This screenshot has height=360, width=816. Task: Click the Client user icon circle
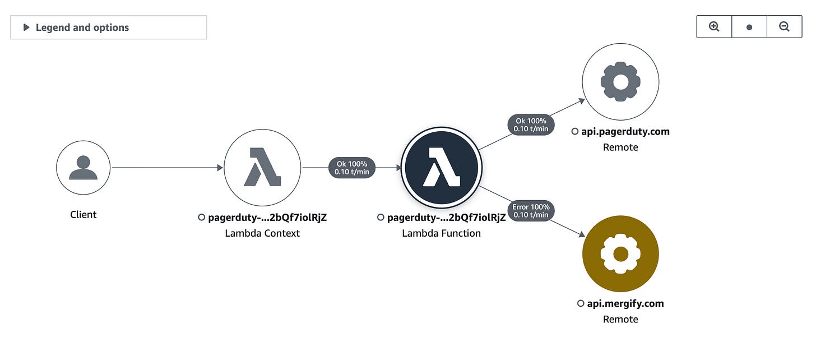click(x=83, y=167)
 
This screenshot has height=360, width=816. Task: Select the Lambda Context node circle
click(x=262, y=167)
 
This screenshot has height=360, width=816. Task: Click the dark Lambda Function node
click(x=442, y=167)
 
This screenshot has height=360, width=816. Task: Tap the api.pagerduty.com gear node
click(x=620, y=82)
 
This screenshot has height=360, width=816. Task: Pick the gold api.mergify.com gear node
click(x=620, y=254)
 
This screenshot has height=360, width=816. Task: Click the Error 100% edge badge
click(x=531, y=210)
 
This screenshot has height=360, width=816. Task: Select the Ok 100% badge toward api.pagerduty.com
click(x=531, y=124)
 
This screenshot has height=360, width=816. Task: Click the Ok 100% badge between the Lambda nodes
click(x=352, y=168)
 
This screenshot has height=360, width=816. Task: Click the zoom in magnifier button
click(x=714, y=27)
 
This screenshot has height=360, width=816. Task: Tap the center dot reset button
click(x=749, y=27)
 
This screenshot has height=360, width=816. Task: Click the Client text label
click(x=83, y=215)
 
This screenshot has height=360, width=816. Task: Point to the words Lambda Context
click(x=262, y=233)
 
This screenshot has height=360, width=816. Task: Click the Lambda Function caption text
click(x=442, y=233)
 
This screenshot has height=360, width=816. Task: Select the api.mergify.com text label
click(x=625, y=303)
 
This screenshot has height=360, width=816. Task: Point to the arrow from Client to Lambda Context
click(x=168, y=167)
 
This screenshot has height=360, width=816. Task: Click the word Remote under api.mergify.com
click(x=620, y=319)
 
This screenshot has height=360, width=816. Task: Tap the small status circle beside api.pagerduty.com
click(x=575, y=132)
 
